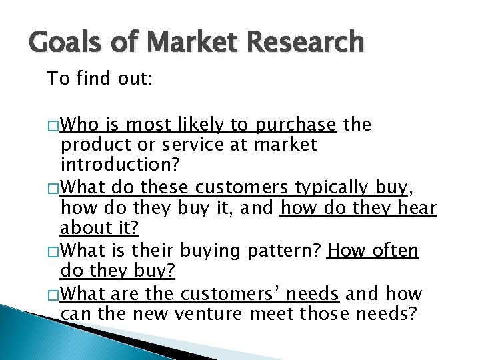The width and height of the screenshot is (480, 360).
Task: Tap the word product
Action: [x=89, y=145]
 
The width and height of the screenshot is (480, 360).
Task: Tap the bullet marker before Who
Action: [x=53, y=125]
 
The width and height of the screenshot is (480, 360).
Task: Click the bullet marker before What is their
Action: [x=53, y=251]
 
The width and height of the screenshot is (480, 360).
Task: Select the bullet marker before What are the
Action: [x=53, y=294]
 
